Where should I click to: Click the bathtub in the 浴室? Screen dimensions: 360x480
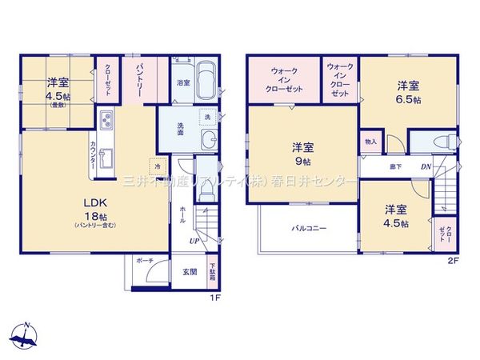(206, 82)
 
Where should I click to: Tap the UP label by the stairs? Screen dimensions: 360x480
(194, 240)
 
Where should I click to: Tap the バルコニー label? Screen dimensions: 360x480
(308, 228)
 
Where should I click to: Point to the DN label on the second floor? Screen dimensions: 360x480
(426, 167)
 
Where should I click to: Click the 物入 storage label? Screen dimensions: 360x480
(370, 142)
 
